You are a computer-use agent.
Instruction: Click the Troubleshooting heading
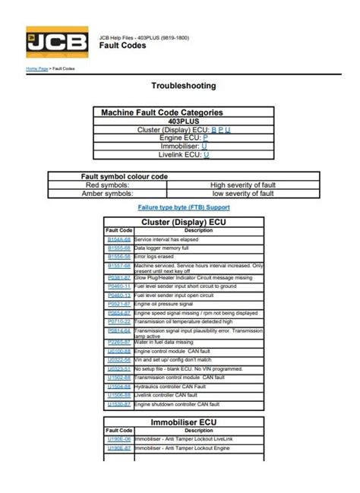pyautogui.click(x=183, y=86)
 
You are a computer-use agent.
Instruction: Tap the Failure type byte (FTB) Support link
pyautogui.click(x=183, y=207)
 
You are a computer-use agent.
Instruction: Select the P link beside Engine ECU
pyautogui.click(x=205, y=137)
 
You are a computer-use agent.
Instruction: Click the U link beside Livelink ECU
pyautogui.click(x=207, y=154)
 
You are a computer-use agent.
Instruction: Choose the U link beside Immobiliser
pyautogui.click(x=204, y=146)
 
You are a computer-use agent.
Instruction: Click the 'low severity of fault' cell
pyautogui.click(x=242, y=193)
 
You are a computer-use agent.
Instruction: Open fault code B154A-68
pyautogui.click(x=118, y=239)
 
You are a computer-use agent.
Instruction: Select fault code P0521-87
pyautogui.click(x=118, y=303)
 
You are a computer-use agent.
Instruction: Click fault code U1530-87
pyautogui.click(x=118, y=404)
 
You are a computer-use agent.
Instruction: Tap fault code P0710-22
pyautogui.click(x=118, y=321)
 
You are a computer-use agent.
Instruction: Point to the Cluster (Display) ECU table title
pyautogui.click(x=183, y=222)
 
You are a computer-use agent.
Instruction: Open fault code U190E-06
pyautogui.click(x=118, y=439)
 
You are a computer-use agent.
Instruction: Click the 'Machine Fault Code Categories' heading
pyautogui.click(x=162, y=112)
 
